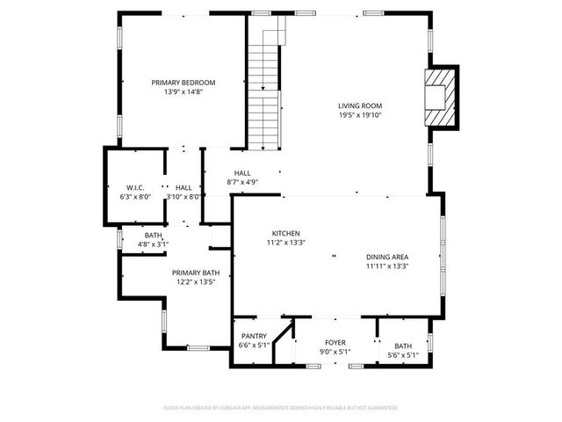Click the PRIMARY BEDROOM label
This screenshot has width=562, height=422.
pyautogui.click(x=183, y=83)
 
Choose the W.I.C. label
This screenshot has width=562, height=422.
pyautogui.click(x=135, y=187)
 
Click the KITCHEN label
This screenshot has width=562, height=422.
pyautogui.click(x=285, y=233)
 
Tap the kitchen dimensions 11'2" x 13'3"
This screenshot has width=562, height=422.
pyautogui.click(x=285, y=243)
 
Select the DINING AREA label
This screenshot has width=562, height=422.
pyautogui.click(x=387, y=257)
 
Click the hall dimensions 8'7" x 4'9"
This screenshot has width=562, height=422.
pyautogui.click(x=242, y=182)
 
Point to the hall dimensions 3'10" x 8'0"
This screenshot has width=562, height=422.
pyautogui.click(x=184, y=197)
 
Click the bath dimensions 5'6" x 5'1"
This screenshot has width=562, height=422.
pyautogui.click(x=403, y=355)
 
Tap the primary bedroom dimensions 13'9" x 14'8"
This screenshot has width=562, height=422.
pyautogui.click(x=183, y=91)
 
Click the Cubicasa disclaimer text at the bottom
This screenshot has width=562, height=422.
pyautogui.click(x=281, y=408)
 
